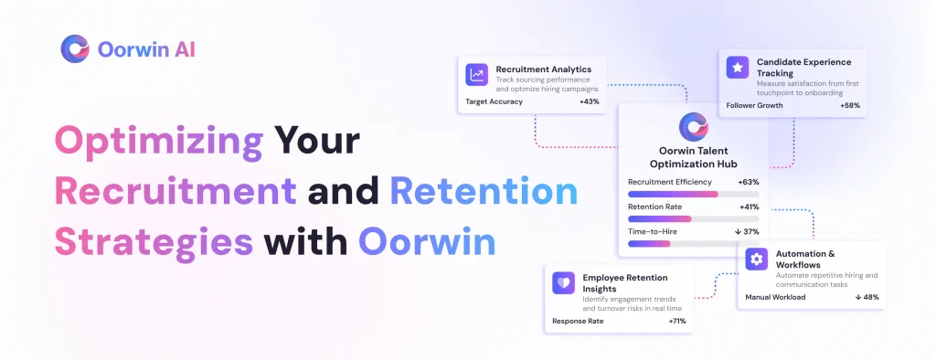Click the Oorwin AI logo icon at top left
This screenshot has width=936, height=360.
(75, 49)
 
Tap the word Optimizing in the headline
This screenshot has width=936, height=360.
(159, 141)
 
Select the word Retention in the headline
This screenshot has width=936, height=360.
(484, 190)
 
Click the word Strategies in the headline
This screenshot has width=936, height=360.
(154, 243)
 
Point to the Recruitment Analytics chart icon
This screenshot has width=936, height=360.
(477, 75)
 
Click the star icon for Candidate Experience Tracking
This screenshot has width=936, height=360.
(738, 68)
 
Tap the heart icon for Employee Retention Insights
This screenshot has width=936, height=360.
(563, 283)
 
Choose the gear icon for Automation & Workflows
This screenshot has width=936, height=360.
(756, 259)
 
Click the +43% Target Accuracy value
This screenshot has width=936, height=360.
(590, 102)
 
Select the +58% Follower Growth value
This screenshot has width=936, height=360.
(850, 106)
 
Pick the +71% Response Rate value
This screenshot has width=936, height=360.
(677, 322)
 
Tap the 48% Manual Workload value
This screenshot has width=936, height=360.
(867, 297)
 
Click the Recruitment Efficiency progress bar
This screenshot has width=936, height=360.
(694, 194)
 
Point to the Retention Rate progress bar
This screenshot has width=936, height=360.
(694, 219)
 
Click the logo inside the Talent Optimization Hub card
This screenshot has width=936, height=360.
(694, 127)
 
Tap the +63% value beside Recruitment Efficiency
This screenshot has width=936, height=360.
(749, 182)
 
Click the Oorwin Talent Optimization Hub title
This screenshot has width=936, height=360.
(694, 157)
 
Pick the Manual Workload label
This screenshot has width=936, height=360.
(775, 297)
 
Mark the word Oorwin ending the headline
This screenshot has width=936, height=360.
(428, 243)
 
